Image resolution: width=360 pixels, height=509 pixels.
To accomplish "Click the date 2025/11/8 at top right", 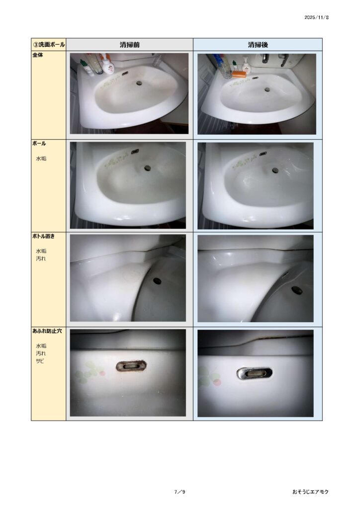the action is (x=316, y=17).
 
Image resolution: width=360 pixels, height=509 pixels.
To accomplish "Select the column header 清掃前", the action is (x=129, y=45).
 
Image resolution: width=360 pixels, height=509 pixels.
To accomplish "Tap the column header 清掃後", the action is (x=258, y=45).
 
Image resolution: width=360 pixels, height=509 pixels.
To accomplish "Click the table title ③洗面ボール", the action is (x=49, y=44).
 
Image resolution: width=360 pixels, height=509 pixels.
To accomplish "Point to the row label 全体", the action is (x=38, y=55).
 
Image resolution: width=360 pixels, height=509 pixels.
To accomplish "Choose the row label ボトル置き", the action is (x=43, y=236).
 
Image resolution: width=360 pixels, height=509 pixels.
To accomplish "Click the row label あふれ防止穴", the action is (x=47, y=331).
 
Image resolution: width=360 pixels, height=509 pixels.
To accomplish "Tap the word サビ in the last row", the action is (x=40, y=361).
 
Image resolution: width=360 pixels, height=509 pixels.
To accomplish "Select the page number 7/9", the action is (x=180, y=492).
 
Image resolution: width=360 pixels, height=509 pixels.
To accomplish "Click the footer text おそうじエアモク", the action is (x=310, y=492).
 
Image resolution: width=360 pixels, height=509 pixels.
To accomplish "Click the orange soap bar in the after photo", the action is (x=239, y=74).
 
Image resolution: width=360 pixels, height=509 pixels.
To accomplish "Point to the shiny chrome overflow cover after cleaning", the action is (x=255, y=373).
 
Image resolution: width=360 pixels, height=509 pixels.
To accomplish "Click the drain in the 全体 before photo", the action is (x=140, y=83).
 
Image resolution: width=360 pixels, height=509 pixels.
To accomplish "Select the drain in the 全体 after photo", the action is (x=267, y=89).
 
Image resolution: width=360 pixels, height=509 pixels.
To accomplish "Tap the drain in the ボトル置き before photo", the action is (x=157, y=281).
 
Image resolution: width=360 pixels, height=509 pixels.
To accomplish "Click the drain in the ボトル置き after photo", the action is (x=297, y=290).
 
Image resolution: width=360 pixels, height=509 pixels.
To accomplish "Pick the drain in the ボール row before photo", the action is (x=148, y=168).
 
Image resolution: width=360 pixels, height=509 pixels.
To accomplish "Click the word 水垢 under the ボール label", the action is (x=41, y=159).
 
